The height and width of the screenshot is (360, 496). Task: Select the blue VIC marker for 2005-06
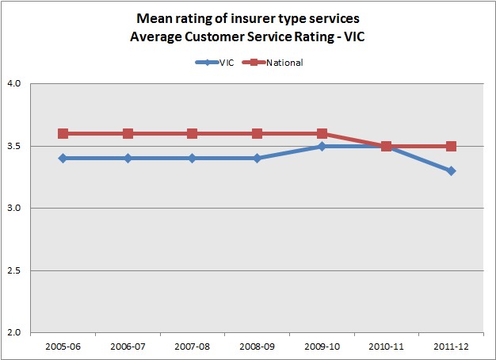63,158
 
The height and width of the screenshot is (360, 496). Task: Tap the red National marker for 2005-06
63,133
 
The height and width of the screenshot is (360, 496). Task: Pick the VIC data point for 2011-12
450,170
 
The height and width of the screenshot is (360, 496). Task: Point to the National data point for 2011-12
450,146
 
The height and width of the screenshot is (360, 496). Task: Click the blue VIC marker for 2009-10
321,146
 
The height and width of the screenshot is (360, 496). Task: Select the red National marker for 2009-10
321,133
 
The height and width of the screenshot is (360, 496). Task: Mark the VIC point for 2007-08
192,158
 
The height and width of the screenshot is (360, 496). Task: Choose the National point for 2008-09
257,133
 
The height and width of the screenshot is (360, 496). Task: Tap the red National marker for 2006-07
128,133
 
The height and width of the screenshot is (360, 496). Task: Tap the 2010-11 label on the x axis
386,346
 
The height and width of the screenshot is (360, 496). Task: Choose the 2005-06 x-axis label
63,346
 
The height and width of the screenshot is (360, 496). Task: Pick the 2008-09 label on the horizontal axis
257,346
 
